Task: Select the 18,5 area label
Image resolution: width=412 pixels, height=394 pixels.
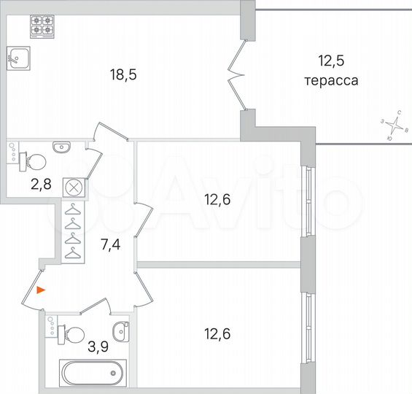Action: pyautogui.click(x=123, y=74)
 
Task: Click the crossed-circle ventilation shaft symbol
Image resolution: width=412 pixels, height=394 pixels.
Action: pyautogui.click(x=74, y=188)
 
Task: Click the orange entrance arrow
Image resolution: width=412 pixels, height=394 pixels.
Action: pyautogui.click(x=42, y=290)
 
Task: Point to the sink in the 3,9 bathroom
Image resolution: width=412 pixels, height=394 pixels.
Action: pyautogui.click(x=121, y=328)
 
